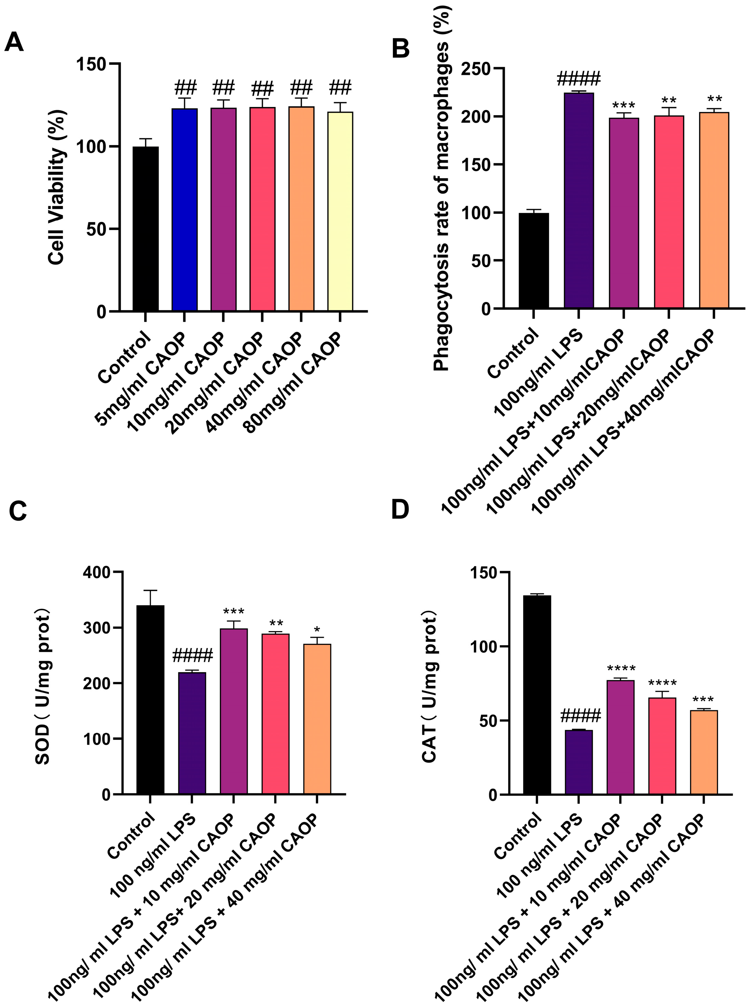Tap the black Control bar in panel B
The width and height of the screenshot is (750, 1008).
tap(534, 261)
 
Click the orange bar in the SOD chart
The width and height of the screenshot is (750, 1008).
tap(317, 719)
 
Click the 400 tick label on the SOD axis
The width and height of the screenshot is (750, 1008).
tap(97, 573)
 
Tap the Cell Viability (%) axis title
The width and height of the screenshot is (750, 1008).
tap(56, 187)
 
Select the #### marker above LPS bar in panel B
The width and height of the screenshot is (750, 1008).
tap(578, 79)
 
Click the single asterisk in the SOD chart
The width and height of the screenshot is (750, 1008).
tap(317, 630)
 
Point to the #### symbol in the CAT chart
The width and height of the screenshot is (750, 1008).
tap(580, 716)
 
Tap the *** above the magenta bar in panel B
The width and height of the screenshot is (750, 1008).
tap(623, 106)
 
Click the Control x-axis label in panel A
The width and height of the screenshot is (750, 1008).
tap(124, 358)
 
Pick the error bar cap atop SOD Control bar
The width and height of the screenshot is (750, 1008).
tap(150, 591)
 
